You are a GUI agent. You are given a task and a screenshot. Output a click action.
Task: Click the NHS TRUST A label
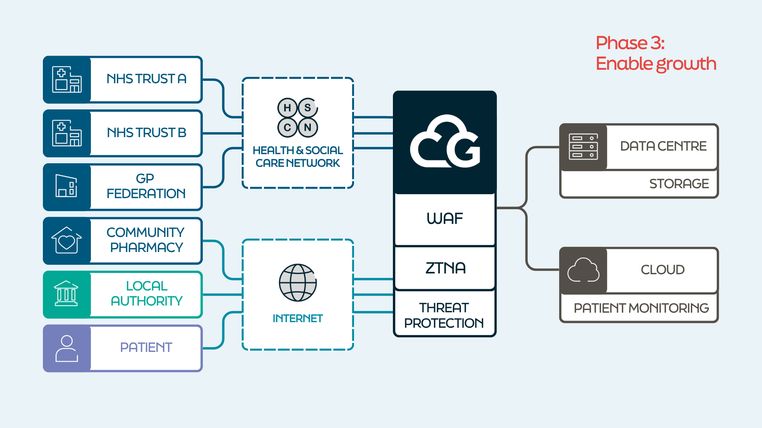[146, 79]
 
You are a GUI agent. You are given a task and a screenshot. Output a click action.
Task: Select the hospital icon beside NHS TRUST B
[67, 133]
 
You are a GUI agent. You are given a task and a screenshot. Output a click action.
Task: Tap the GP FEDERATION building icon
[66, 186]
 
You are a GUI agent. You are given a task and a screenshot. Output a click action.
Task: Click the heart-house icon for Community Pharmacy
[67, 240]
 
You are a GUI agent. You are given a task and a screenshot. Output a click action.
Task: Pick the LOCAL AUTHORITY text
[146, 294]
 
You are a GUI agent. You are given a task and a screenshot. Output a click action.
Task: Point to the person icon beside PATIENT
[67, 348]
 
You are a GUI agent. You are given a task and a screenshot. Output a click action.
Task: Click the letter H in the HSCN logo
[287, 108]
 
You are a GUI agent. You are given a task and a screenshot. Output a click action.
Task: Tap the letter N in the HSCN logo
[308, 128]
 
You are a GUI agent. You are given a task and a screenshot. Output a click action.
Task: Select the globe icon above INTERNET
[298, 283]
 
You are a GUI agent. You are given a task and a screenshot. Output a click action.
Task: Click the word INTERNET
[298, 318]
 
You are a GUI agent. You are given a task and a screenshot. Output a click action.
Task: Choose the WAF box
[444, 219]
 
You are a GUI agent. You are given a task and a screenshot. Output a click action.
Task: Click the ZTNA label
[445, 268]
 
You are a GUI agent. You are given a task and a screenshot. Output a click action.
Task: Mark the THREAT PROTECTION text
[444, 315]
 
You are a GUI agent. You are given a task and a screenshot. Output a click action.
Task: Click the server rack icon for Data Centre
[583, 147]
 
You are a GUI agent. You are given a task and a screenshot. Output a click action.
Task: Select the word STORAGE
[679, 184]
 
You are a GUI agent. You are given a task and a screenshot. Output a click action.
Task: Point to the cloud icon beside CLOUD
[583, 270]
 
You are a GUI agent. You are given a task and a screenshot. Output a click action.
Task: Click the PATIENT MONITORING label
[641, 308]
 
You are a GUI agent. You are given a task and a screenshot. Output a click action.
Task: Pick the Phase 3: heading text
[630, 43]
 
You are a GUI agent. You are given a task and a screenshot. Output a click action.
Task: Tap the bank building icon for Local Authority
[66, 294]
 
